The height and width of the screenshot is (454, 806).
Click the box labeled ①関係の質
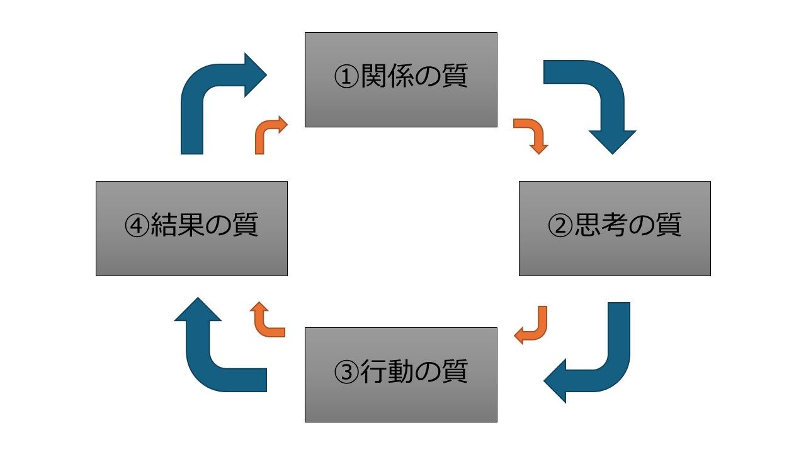[401, 80]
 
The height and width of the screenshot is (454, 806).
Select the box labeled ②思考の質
[615, 228]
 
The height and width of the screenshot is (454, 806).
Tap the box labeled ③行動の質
[401, 375]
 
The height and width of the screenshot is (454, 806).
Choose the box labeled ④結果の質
[191, 228]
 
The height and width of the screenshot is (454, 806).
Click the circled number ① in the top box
[346, 78]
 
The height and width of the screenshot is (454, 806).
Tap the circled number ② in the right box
[560, 226]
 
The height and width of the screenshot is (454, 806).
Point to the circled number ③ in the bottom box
[346, 373]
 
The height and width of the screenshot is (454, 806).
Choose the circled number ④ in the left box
[137, 226]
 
